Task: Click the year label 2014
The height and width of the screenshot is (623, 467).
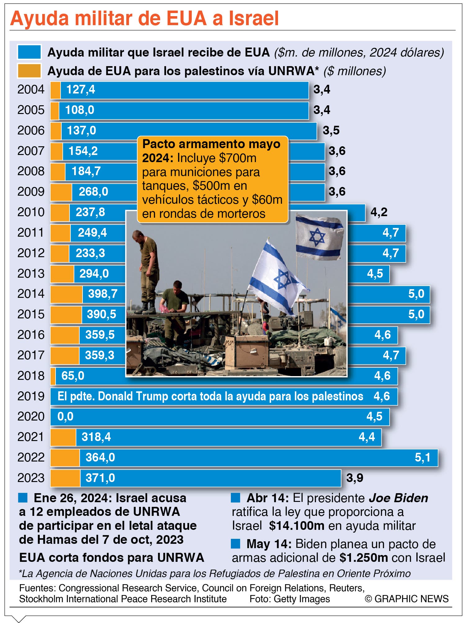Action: pos(31,294)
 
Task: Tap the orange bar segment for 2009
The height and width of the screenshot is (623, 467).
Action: pos(61,192)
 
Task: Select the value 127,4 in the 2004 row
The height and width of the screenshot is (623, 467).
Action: pos(81,90)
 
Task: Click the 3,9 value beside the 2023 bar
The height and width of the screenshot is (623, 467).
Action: pos(355,478)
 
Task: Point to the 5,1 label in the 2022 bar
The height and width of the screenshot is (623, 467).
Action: pos(423,457)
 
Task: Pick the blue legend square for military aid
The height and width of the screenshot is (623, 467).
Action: pos(29,52)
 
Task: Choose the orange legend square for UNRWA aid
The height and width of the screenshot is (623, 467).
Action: pos(29,71)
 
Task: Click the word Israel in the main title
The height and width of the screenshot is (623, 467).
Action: pos(254,19)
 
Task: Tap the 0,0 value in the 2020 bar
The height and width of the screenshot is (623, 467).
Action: pos(65,416)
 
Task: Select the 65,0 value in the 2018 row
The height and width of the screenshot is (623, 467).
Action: pos(73,376)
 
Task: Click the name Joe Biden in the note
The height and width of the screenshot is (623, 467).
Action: pos(398,498)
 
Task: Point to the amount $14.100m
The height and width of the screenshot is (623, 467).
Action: pos(297,526)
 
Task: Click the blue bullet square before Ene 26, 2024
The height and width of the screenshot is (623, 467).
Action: pos(23,498)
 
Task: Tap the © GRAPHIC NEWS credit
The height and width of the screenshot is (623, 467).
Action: pos(406,599)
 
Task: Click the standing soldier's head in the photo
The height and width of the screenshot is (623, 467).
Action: pos(137,235)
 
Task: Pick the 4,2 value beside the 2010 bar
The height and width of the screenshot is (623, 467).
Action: pos(379,212)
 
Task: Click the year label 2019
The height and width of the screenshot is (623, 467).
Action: pos(31,396)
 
